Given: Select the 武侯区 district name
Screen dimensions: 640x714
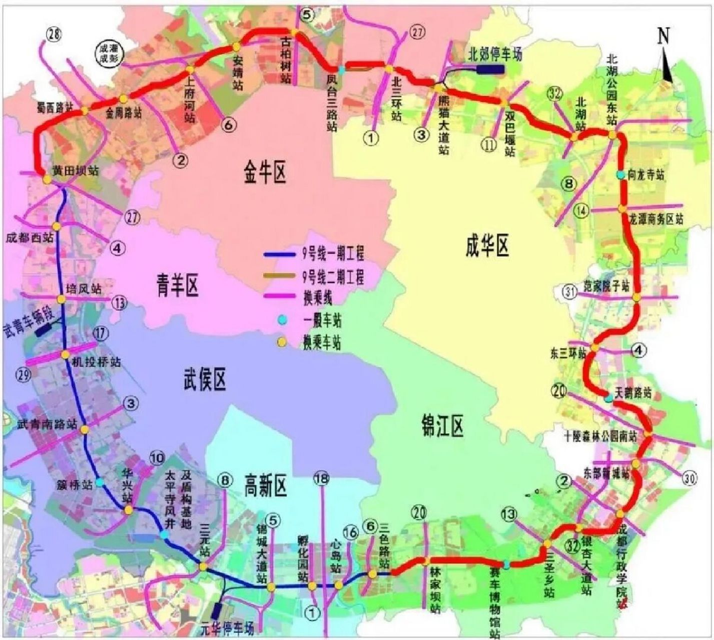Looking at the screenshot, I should tap(205, 378).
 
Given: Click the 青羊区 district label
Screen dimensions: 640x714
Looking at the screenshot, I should tap(178, 286).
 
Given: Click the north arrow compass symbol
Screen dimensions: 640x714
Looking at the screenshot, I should tap(666, 55).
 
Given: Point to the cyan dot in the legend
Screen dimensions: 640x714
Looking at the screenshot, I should tap(283, 318).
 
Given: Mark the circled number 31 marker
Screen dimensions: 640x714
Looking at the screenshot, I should tap(569, 290).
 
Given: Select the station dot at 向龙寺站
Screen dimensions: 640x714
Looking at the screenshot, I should tap(620, 175).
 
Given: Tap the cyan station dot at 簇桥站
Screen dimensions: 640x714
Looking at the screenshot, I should tap(100, 482).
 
